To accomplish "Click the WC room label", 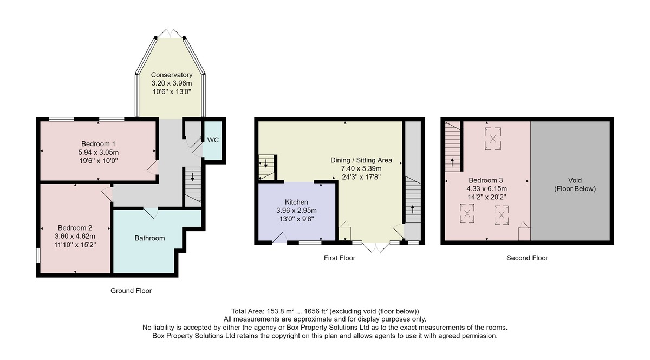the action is tap(213, 140).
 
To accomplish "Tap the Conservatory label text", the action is tap(172, 75).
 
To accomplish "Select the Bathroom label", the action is tap(149, 238).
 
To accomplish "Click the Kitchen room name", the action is tap(296, 202).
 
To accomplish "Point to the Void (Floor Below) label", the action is tap(575, 185).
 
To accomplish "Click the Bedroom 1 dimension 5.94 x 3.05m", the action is tap(99, 152).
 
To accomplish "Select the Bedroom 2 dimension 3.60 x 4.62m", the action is tap(75, 237).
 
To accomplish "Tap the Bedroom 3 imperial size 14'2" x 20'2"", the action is tap(486, 197).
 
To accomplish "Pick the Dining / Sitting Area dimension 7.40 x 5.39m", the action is tap(361, 168).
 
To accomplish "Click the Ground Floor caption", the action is tap(131, 291).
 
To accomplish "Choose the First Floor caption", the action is tap(340, 258).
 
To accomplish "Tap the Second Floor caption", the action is tap(527, 258).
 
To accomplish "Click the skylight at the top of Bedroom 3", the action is tap(493, 139).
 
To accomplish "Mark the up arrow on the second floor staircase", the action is tap(452, 162).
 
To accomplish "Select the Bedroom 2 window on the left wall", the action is tap(38, 256).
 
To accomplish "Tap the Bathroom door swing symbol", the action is tap(151, 213).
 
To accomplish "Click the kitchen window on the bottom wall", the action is tap(310, 243).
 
